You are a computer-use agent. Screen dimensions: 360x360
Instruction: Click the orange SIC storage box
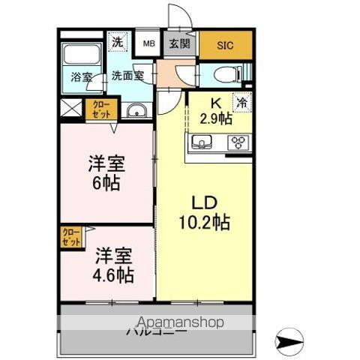pyautogui.click(x=226, y=44)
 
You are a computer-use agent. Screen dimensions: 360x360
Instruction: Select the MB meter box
pyautogui.click(x=150, y=44)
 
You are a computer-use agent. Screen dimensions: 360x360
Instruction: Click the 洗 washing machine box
pyautogui.click(x=118, y=43)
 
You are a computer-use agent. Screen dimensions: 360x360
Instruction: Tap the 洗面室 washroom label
pyautogui.click(x=127, y=75)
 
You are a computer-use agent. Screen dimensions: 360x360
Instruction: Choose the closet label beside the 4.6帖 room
pyautogui.click(x=70, y=238)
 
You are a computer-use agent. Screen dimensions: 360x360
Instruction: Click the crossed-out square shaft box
pyautogui.click(x=71, y=108)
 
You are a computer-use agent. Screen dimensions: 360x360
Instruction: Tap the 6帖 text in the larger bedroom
pyautogui.click(x=104, y=181)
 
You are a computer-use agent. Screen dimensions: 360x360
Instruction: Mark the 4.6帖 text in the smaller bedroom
pyautogui.click(x=113, y=274)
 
